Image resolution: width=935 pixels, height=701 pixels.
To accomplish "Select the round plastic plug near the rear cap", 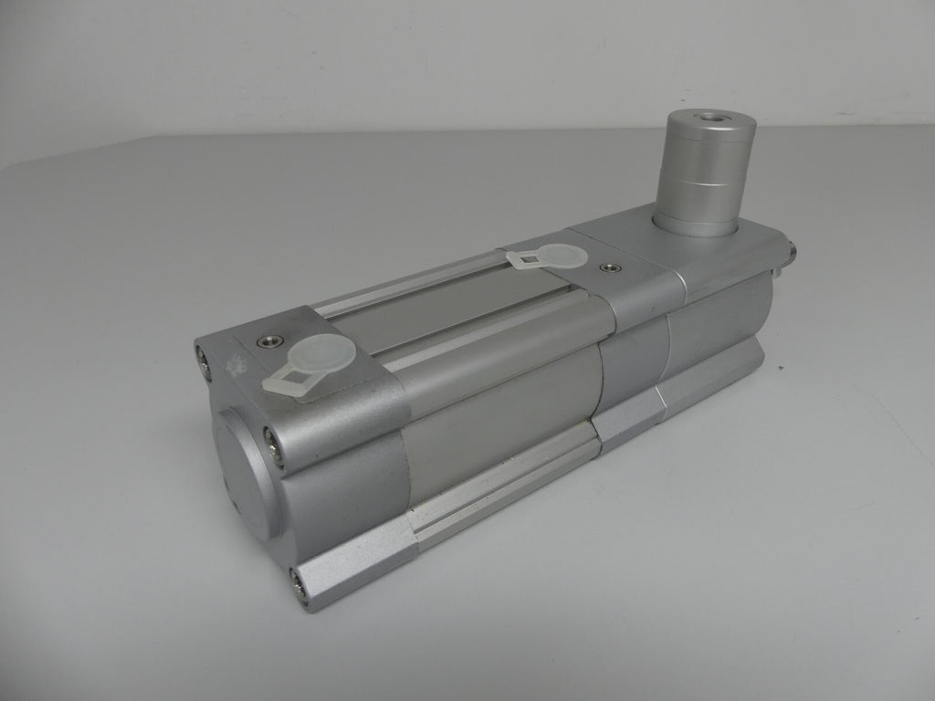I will [561, 256].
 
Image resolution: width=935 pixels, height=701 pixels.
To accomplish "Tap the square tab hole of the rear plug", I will [525, 262].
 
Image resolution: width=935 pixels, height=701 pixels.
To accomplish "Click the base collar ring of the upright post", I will [698, 224].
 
